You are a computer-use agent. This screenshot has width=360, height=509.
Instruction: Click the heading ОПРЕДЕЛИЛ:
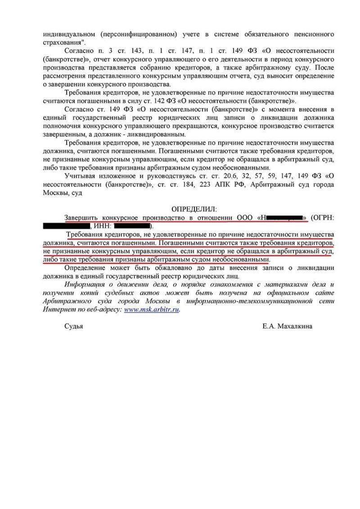(x=194, y=209)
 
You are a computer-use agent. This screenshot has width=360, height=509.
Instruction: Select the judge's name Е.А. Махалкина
(x=287, y=327)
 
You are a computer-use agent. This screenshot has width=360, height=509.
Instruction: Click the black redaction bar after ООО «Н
(x=286, y=218)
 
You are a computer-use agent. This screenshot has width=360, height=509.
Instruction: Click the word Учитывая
(x=79, y=177)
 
